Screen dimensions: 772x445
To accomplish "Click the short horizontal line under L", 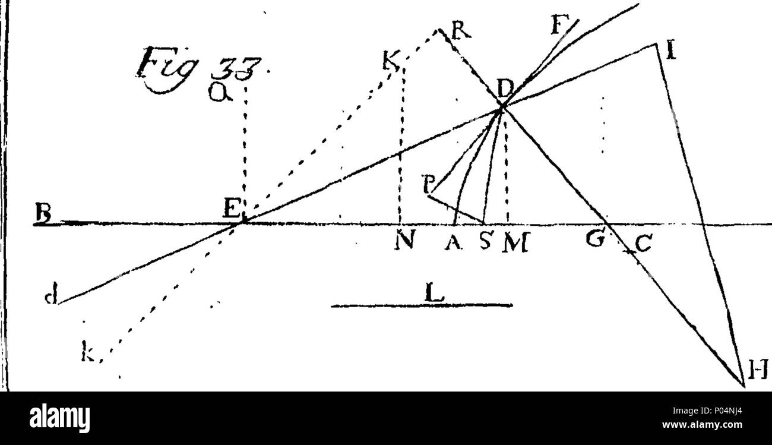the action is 421,307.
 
